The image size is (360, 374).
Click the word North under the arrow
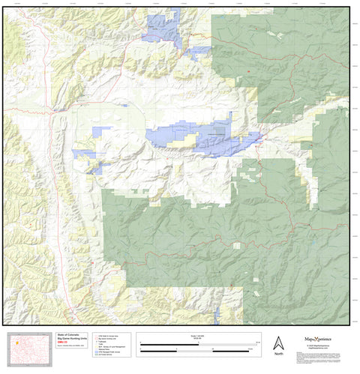click(x=278, y=354)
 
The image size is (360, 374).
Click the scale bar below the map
click(x=199, y=346)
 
